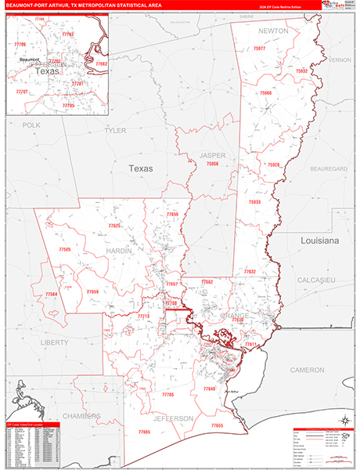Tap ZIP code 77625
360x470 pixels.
(114, 226)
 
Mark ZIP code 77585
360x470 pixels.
(64, 249)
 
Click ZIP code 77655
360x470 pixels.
(217, 425)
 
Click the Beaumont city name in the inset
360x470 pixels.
(29, 60)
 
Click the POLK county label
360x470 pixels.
(31, 125)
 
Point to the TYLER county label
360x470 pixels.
(115, 130)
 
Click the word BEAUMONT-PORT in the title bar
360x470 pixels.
(28, 6)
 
